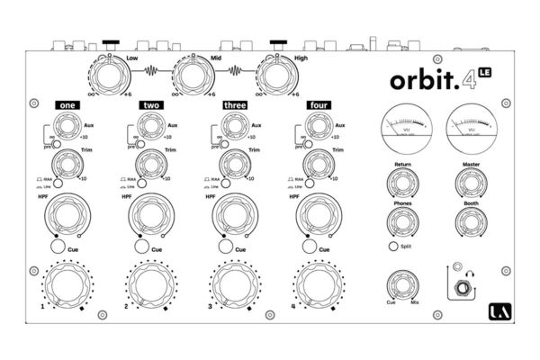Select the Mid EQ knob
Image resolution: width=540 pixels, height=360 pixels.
click(x=192, y=74)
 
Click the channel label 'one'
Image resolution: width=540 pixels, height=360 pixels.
click(x=67, y=105)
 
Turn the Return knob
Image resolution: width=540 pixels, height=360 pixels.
click(x=401, y=182)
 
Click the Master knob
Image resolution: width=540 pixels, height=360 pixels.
click(x=469, y=182)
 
